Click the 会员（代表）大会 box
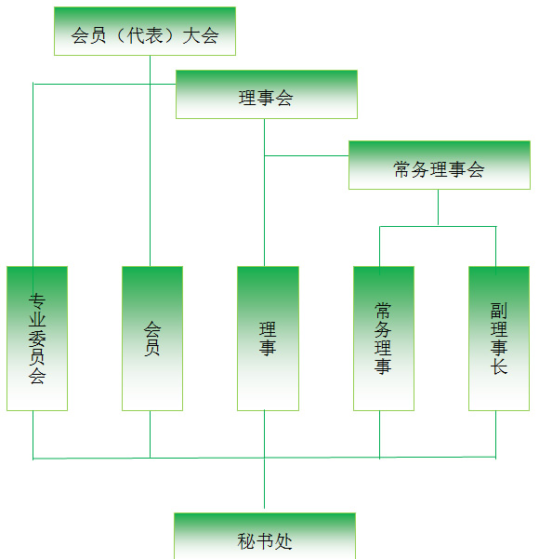coord(145,32)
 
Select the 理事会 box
coord(267,95)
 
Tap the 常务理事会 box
coord(440,165)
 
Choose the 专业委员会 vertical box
coord(37,339)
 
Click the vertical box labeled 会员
coord(152,339)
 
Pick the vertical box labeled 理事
coord(268,339)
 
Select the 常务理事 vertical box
coord(384,339)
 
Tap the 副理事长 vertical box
coord(499,339)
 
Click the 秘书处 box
coord(265,536)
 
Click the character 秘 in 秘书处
coord(246,541)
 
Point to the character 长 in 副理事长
coord(499,366)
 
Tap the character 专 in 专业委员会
coord(37,301)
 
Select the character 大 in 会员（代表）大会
coord(191,35)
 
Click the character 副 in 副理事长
coord(499,311)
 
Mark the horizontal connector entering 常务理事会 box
coord(307,155)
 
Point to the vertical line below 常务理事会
coord(439,207)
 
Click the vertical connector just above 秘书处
coord(264,483)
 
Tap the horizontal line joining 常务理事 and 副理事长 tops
coord(438,226)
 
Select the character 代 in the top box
coord(136,35)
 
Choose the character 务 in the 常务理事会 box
coord(420,169)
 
